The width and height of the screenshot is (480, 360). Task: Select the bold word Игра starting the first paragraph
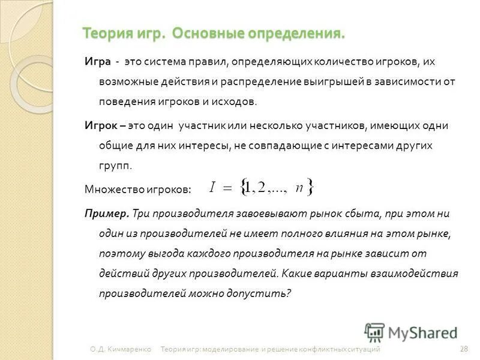click(97, 62)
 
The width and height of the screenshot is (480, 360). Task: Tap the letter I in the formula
click(212, 187)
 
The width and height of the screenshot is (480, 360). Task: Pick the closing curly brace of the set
click(310, 187)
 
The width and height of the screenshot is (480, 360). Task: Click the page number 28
click(463, 349)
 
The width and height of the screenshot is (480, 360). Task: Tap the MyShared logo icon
click(374, 332)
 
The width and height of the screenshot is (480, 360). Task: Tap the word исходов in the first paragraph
click(236, 102)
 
